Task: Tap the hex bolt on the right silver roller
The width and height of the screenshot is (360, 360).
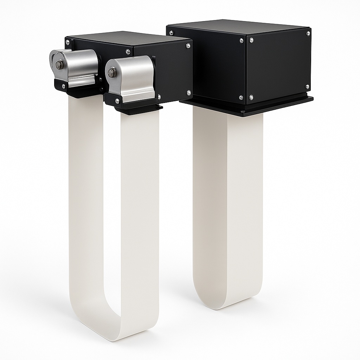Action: coord(112,73)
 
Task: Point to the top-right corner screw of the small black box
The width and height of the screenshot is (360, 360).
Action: coord(188,45)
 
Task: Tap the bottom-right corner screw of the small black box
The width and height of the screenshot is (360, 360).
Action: coord(189,93)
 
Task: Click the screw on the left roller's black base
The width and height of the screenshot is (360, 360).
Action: coord(63,85)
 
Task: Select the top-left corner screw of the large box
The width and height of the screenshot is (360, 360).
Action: coord(171,33)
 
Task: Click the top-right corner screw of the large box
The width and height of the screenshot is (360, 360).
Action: coord(308,34)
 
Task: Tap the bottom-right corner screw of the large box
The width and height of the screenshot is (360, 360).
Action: coord(307,86)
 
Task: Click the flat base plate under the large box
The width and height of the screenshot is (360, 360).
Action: coord(246,107)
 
